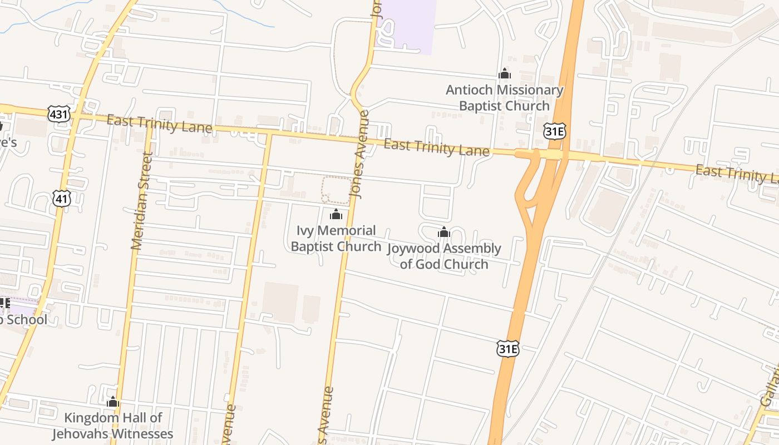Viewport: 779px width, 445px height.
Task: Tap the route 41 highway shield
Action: click(x=62, y=198)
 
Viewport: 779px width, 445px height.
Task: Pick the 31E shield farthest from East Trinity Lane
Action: click(x=507, y=349)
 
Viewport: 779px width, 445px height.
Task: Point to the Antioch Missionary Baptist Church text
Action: click(x=504, y=98)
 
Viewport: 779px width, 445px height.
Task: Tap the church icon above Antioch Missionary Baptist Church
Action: click(x=505, y=73)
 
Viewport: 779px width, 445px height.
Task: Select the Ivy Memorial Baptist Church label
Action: click(x=336, y=238)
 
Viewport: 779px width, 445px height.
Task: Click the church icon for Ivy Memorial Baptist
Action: click(x=336, y=214)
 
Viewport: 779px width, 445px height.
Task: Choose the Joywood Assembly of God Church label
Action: click(x=444, y=256)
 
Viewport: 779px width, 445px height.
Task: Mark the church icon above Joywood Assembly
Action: click(x=443, y=232)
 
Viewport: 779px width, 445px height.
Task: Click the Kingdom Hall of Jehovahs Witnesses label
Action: click(x=113, y=426)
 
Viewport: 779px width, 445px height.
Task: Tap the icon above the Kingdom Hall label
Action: click(x=113, y=402)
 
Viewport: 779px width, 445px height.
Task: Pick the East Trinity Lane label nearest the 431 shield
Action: click(x=159, y=124)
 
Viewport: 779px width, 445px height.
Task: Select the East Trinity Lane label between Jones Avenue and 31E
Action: click(x=437, y=147)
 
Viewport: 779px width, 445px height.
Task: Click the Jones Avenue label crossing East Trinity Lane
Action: click(x=360, y=155)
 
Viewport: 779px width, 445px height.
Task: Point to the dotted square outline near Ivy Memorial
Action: click(x=337, y=190)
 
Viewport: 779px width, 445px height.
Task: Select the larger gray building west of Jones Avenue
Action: click(x=280, y=302)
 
